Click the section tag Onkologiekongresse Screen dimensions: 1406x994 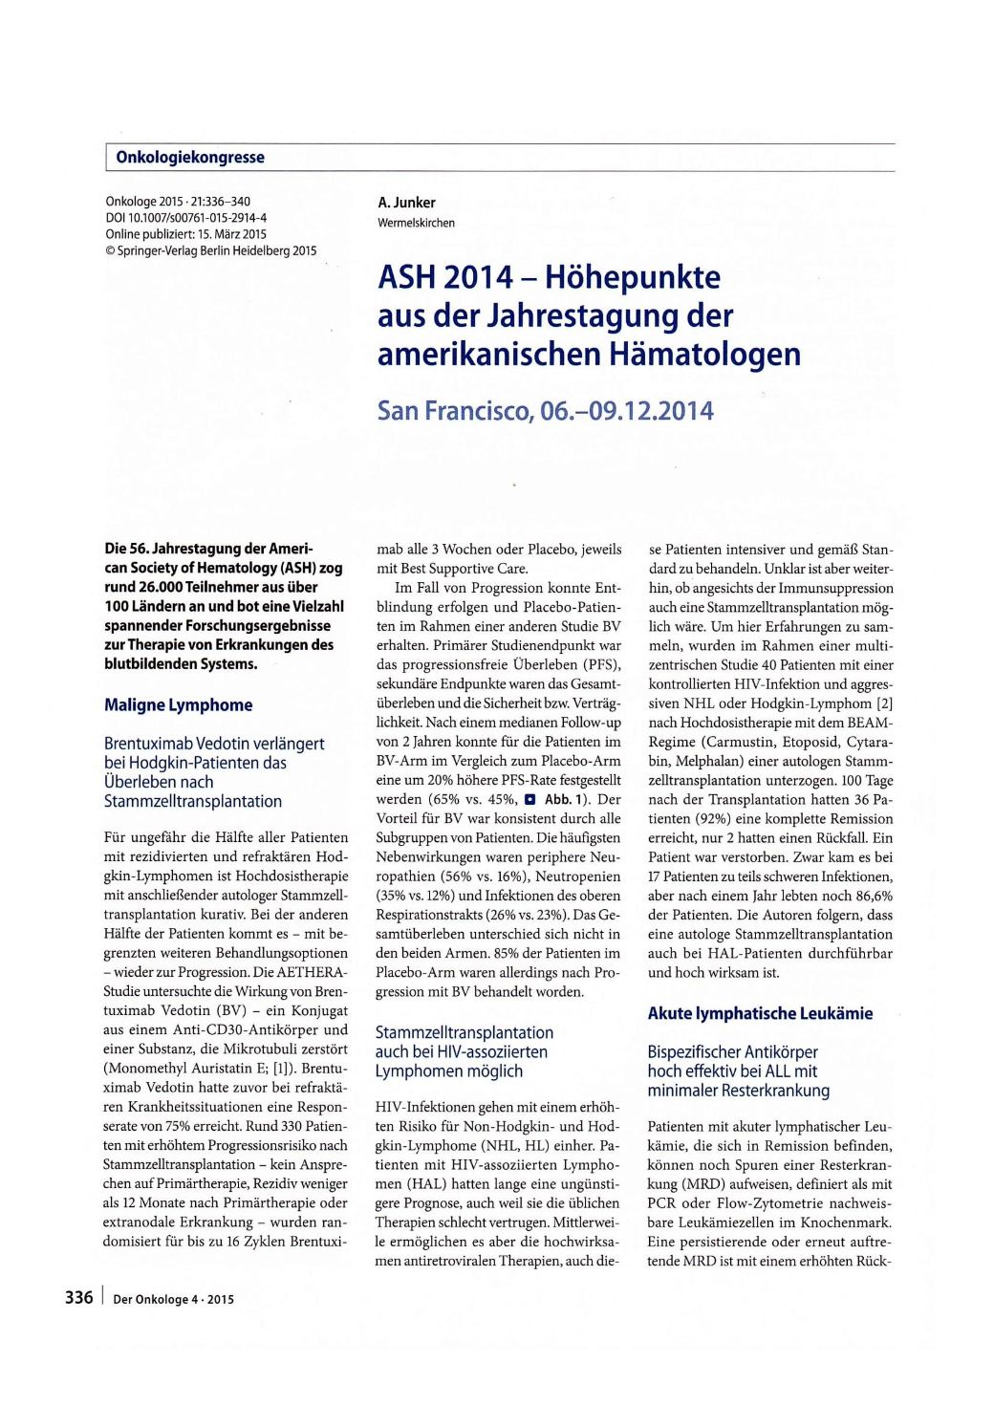pos(190,158)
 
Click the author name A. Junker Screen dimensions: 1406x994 pos(406,203)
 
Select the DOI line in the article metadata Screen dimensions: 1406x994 pos(185,218)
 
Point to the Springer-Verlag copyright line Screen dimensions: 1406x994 pos(210,250)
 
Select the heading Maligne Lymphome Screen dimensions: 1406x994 pos(178,705)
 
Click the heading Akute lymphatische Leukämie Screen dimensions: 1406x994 pos(760,1013)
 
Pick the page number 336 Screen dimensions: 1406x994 pos(78,1297)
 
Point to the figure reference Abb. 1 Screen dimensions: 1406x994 pos(566,800)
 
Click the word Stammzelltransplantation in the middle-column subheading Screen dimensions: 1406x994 pos(465,1032)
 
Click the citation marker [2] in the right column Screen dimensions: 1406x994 pos(884,703)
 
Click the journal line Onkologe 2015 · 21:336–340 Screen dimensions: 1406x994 pos(178,203)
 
